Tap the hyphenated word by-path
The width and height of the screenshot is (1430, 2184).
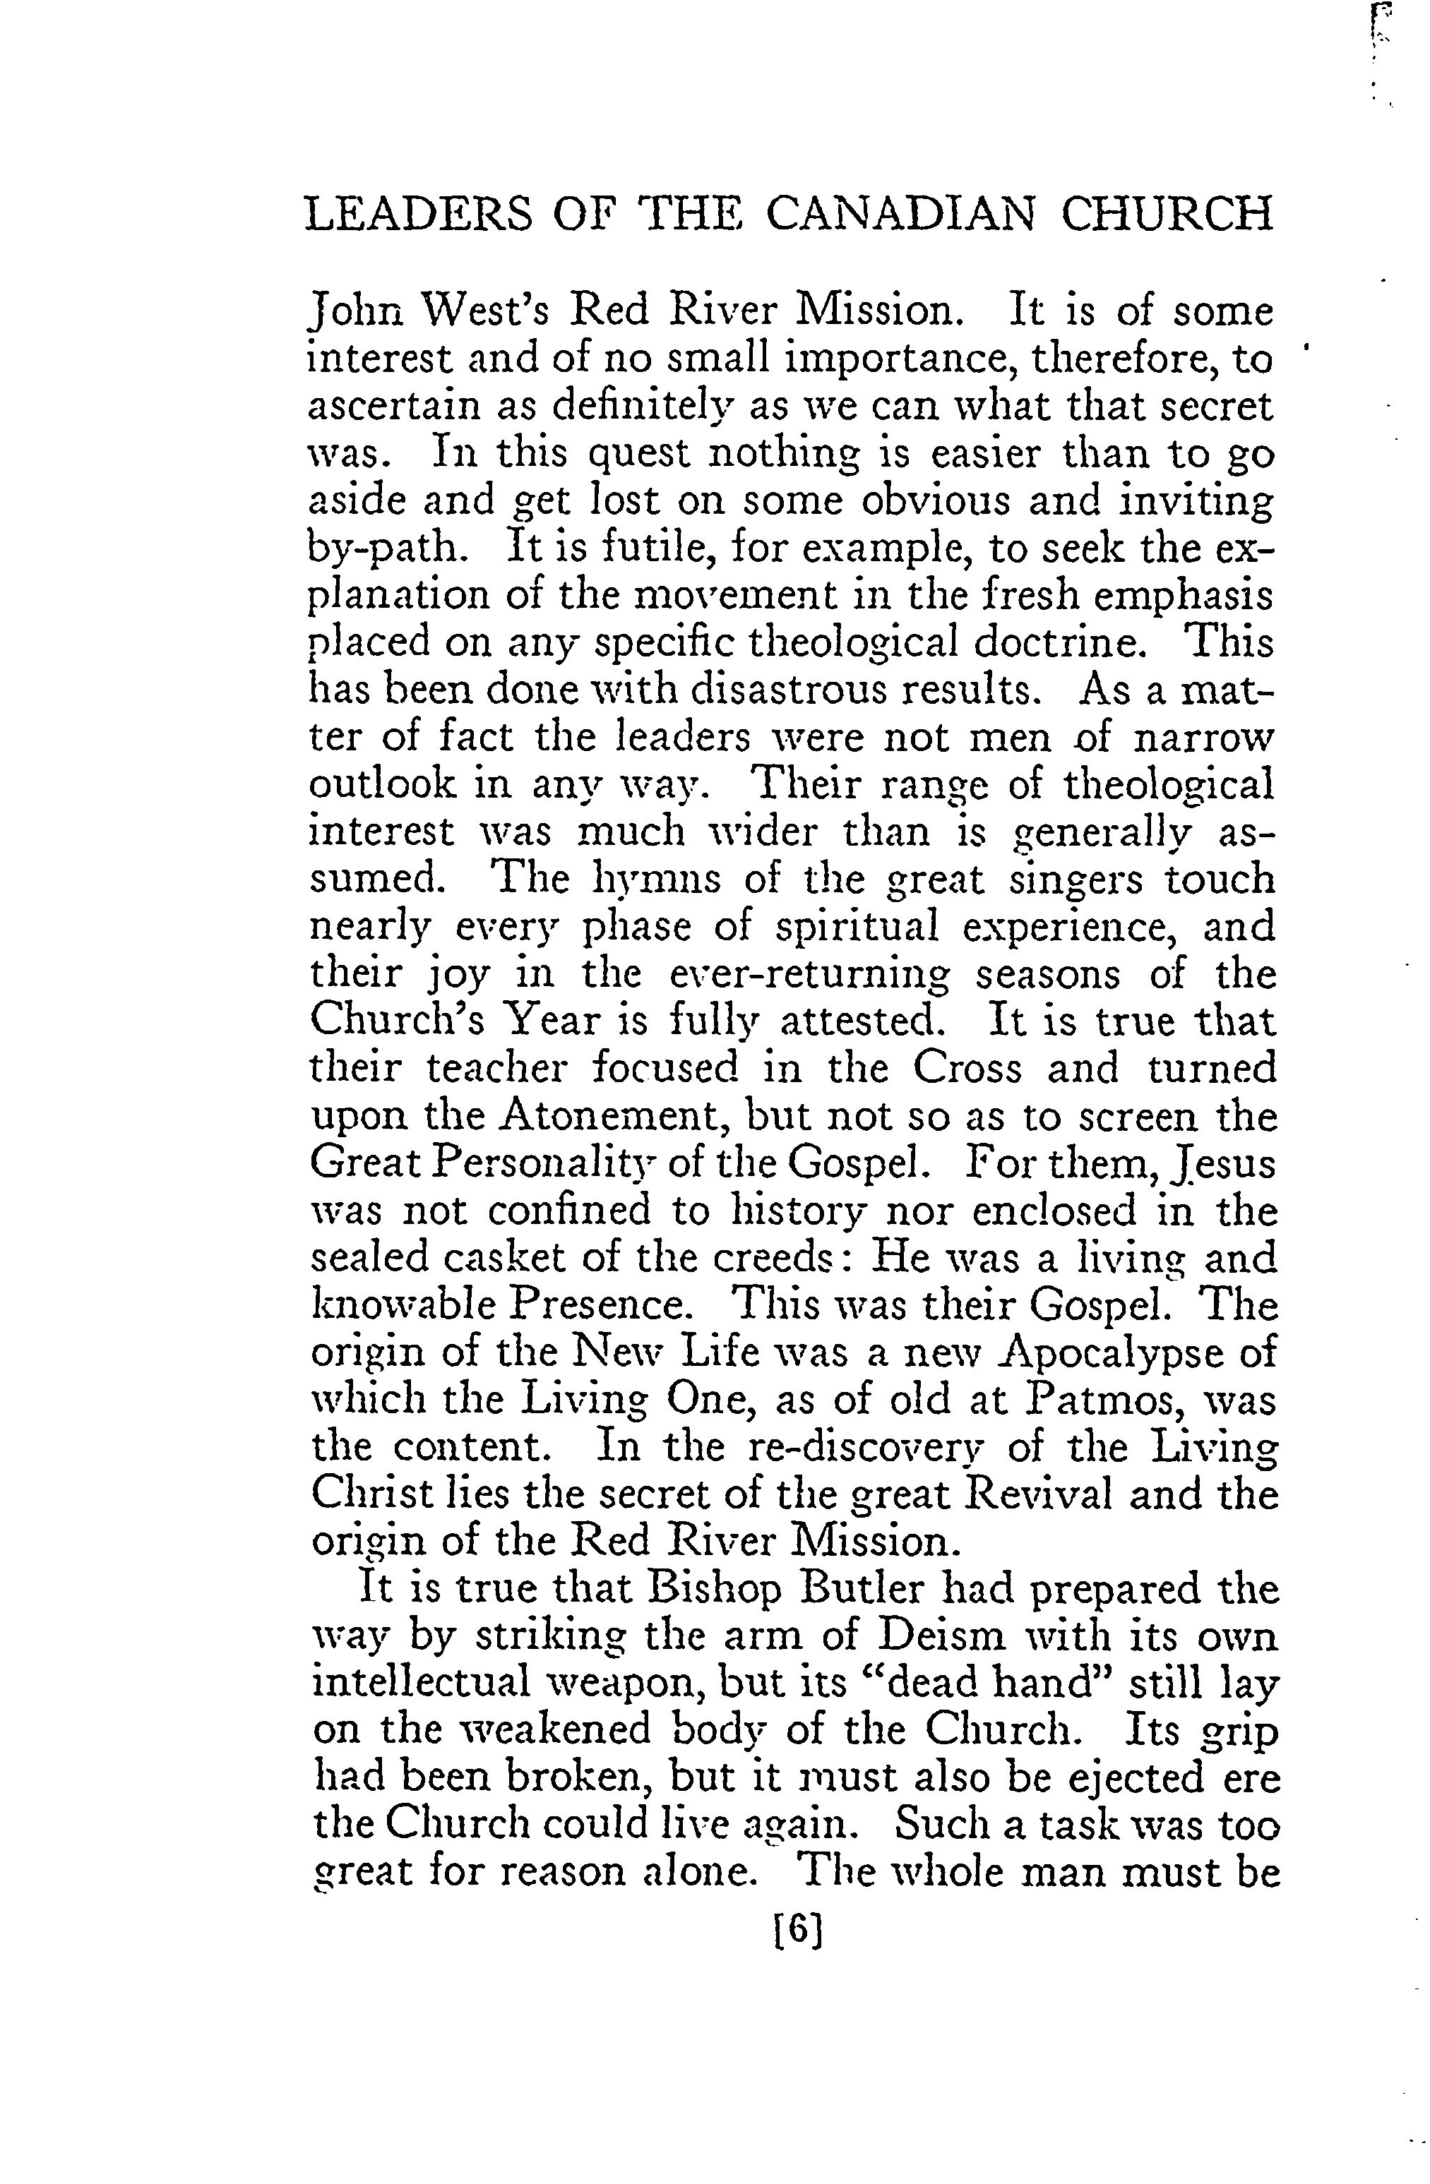pos(389,548)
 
